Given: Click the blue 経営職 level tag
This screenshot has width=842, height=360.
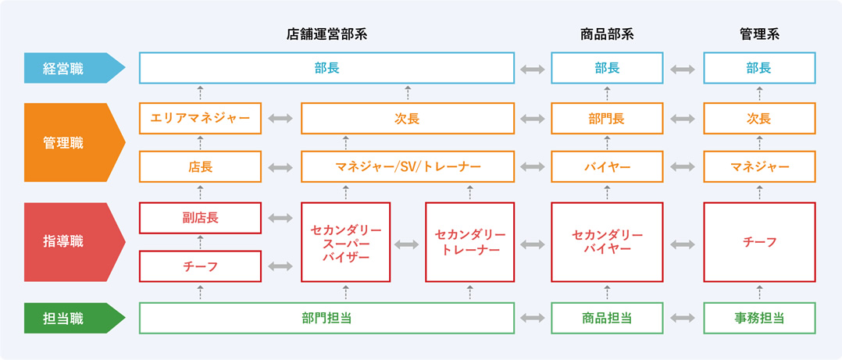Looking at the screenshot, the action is click(x=74, y=68).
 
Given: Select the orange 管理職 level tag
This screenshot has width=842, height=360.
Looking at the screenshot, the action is click(x=74, y=143).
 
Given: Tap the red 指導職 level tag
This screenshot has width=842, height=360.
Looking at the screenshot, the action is click(x=74, y=242).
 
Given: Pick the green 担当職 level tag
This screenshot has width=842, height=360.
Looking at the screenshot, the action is click(x=74, y=318).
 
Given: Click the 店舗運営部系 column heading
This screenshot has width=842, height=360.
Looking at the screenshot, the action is click(x=327, y=35).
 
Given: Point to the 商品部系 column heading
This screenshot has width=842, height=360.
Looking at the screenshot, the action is click(x=608, y=35).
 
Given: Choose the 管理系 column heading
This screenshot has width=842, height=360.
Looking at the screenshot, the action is click(x=759, y=35).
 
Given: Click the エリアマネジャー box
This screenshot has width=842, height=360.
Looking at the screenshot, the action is click(x=200, y=118).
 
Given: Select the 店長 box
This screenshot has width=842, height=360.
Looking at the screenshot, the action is click(x=200, y=166).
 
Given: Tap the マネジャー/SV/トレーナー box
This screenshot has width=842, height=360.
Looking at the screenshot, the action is click(x=408, y=166).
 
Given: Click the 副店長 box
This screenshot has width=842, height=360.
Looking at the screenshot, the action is click(x=200, y=218).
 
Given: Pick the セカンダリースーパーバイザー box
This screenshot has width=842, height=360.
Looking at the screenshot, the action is click(x=346, y=242).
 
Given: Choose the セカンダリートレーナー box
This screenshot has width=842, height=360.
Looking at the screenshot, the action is click(x=470, y=242).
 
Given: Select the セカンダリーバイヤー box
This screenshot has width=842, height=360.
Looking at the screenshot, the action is click(x=608, y=242).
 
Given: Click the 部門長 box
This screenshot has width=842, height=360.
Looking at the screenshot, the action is click(x=608, y=118).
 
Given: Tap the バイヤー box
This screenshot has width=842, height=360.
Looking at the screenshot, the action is click(x=608, y=166).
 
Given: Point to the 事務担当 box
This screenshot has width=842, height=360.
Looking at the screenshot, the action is click(x=759, y=318).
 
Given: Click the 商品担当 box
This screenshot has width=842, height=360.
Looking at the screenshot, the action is click(x=608, y=318).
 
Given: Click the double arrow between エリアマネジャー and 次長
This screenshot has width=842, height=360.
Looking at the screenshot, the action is click(x=281, y=119).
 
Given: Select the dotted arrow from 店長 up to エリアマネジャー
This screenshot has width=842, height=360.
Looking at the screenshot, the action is click(x=200, y=143).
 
